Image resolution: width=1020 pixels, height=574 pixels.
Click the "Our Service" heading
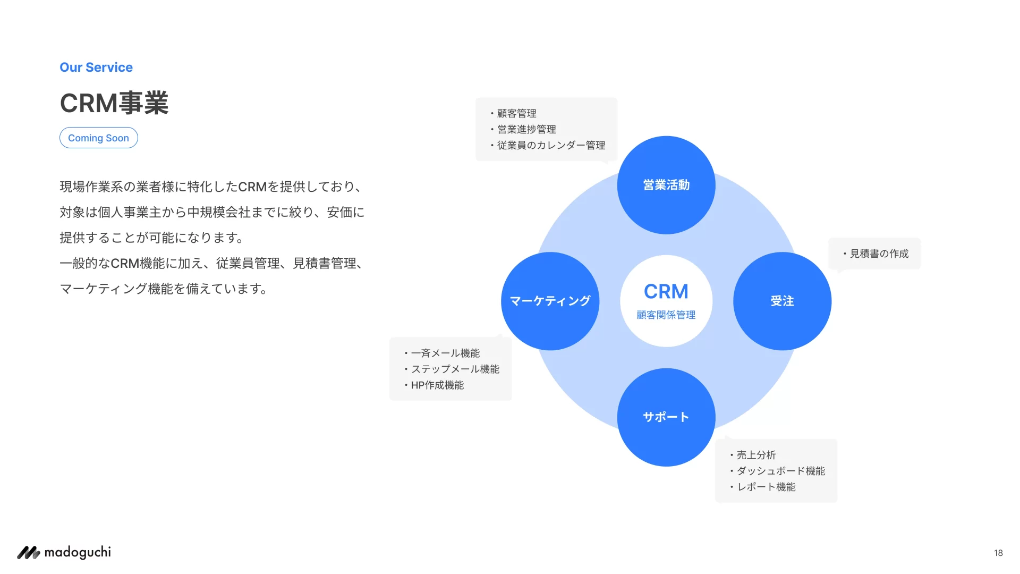point(96,67)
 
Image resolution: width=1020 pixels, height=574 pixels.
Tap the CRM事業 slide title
point(114,103)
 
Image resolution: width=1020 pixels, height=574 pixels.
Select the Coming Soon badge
point(99,138)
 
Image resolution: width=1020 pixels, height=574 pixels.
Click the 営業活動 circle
point(666,185)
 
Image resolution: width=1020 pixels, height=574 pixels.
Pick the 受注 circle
point(782,301)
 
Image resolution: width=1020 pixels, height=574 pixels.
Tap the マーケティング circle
point(550,301)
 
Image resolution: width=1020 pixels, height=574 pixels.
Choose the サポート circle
point(666,417)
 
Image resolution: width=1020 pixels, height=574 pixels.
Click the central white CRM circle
point(666,291)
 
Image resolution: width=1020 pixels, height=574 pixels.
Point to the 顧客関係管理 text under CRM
point(666,315)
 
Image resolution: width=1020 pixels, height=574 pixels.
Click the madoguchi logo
point(64,553)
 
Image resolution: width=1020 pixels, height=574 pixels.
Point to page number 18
point(998,553)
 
